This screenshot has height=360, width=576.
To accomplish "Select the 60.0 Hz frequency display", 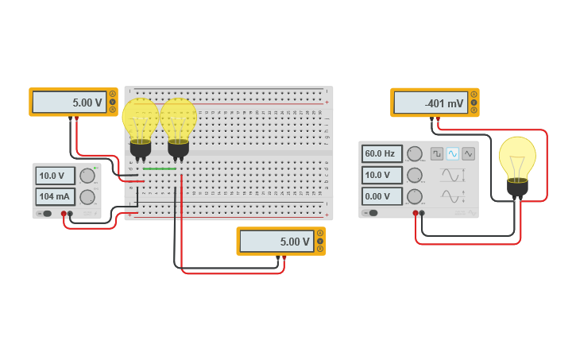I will (382, 153).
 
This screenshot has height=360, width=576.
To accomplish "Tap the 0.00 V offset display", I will (382, 196).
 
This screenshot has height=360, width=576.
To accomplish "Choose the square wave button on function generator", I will (437, 153).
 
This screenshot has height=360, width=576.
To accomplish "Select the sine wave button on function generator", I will (453, 153).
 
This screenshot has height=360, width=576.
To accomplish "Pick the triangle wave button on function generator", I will (468, 153).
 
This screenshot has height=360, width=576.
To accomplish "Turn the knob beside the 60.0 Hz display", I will (414, 153).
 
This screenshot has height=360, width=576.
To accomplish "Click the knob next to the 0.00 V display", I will (414, 196).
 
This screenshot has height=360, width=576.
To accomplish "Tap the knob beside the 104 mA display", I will (87, 197).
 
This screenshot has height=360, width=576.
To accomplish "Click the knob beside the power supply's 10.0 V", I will (87, 176).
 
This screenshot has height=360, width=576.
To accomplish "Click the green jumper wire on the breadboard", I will (159, 168).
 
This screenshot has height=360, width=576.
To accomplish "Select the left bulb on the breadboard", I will (141, 123).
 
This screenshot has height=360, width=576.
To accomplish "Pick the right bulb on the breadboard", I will (178, 123).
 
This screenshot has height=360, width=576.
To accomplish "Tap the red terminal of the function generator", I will (416, 213).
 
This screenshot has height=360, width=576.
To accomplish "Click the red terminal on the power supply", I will (64, 214).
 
